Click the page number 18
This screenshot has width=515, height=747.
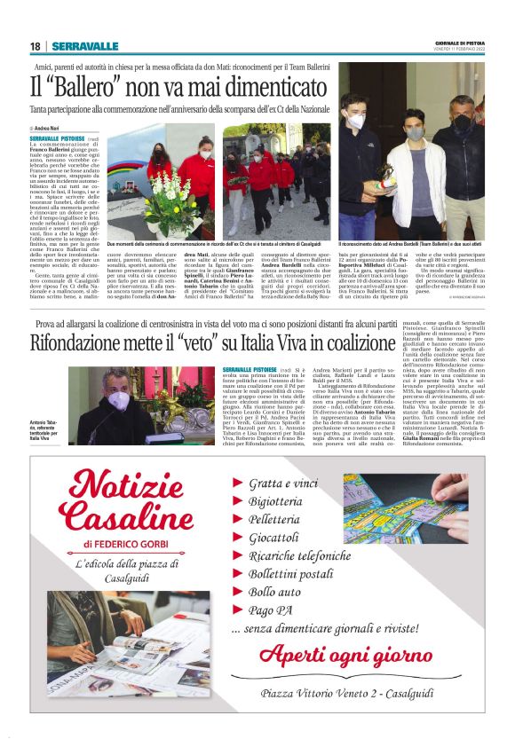pyautogui.click(x=36, y=46)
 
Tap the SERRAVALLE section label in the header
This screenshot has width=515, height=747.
pyautogui.click(x=84, y=46)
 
